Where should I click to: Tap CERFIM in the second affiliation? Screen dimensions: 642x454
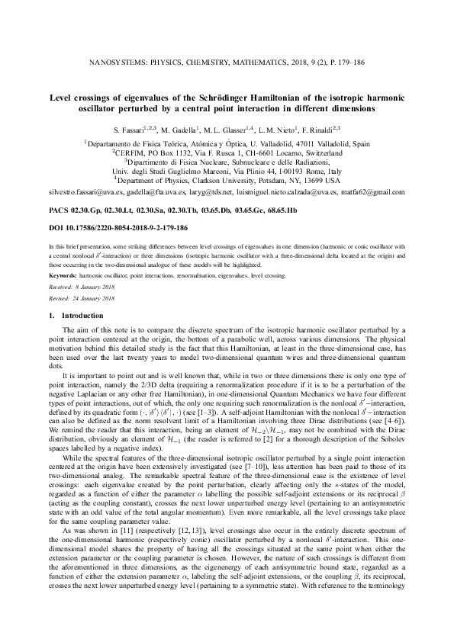[134, 152]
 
